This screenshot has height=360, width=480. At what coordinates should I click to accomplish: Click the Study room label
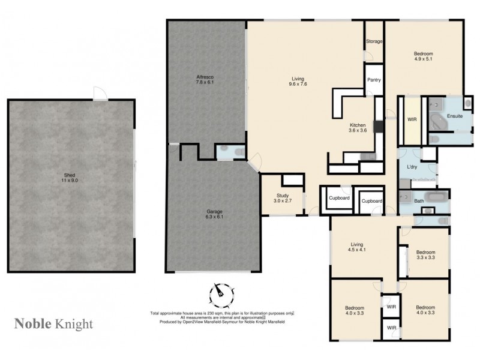pos(283,195)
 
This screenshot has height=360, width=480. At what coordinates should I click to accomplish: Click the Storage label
pos(374,41)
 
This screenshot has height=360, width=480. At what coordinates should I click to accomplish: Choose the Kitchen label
pos(357,125)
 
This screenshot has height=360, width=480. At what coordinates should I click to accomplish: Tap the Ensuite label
pos(454,116)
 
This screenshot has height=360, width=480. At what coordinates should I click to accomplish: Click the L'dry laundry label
pos(412,167)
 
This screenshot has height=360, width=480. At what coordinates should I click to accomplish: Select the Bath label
pos(419,201)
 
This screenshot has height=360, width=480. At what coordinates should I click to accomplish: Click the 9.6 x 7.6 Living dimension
pos(298,85)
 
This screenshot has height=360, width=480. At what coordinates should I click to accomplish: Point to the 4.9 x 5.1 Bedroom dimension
pos(424,59)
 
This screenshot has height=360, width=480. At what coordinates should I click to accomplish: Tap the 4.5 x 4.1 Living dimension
pos(358,250)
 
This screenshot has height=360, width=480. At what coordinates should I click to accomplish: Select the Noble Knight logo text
pos(53,324)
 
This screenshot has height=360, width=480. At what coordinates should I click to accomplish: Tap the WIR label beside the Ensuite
pos(412,119)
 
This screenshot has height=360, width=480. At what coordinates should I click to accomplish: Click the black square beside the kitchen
pos(377,127)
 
